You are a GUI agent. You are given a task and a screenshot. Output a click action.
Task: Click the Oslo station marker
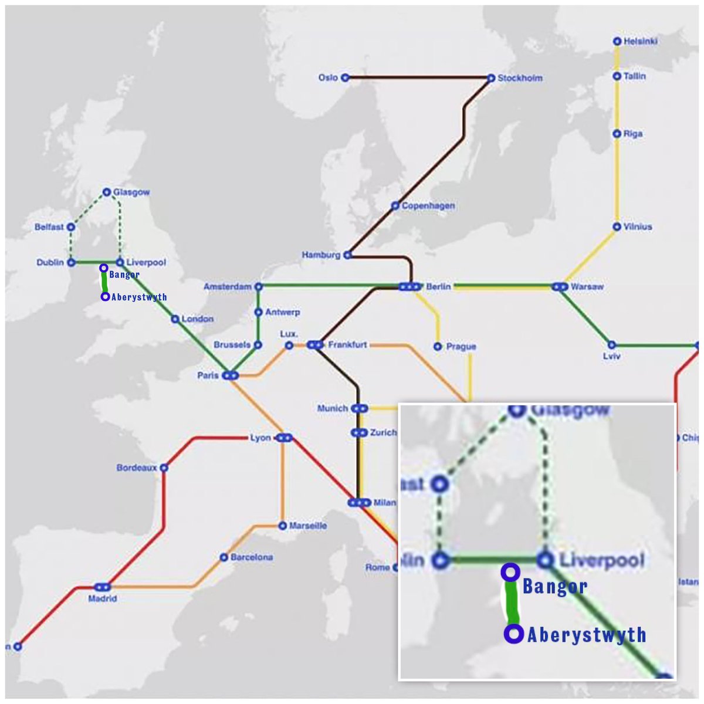coord(345,77)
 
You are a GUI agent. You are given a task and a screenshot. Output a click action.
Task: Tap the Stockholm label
coord(520,78)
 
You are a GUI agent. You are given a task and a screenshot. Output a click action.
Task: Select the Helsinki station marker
coord(617,42)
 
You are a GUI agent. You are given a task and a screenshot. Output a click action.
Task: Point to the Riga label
coord(633,134)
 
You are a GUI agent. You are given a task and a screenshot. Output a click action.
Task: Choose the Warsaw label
coord(587,287)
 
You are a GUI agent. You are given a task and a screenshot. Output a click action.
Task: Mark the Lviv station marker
coord(611,345)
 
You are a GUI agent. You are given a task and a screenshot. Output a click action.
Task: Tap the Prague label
coord(461,347)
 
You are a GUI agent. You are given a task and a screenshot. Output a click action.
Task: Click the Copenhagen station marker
coord(395,206)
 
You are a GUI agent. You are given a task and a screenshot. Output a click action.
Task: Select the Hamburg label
coord(321,255)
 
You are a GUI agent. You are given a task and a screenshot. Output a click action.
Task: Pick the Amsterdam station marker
coord(258,287)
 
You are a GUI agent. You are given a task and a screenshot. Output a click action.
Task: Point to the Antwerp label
coord(283,312)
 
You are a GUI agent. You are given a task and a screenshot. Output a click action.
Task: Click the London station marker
coord(175,319)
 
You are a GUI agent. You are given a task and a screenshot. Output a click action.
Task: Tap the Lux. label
coord(289,334)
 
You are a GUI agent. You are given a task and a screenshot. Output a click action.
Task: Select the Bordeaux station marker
coord(164,468)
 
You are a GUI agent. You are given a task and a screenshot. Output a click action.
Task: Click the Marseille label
coord(308,526)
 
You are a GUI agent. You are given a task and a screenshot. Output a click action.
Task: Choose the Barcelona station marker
coord(224,557)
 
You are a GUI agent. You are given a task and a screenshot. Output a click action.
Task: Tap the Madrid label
coord(102,599)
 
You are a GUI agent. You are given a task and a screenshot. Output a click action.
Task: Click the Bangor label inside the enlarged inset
coord(554,586)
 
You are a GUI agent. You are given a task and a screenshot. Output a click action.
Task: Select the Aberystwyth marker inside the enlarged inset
coord(514,634)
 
